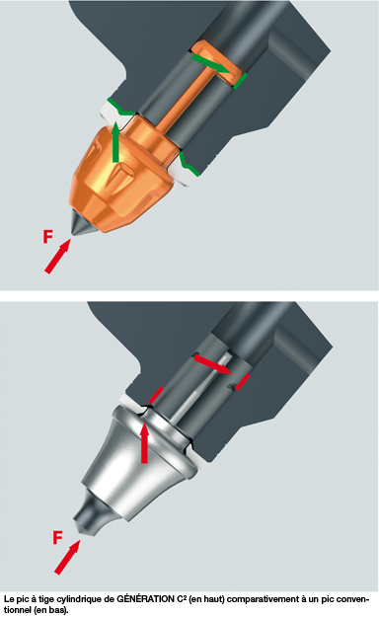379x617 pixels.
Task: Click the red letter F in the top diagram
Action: click(x=47, y=237)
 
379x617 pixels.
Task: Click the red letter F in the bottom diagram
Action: click(x=57, y=537)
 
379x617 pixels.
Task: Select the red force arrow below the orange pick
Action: click(x=57, y=256)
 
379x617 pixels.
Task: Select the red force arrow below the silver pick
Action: click(x=67, y=557)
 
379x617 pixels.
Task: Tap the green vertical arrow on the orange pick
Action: click(x=115, y=142)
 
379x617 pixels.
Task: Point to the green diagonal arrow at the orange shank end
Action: click(x=210, y=64)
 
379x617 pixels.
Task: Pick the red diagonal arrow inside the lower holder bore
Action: click(x=213, y=364)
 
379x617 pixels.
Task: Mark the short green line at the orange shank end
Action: click(x=241, y=81)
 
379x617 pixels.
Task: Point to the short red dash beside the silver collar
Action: click(x=156, y=395)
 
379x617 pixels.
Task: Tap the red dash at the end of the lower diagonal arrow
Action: click(x=243, y=382)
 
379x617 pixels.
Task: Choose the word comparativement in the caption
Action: click(x=262, y=600)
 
